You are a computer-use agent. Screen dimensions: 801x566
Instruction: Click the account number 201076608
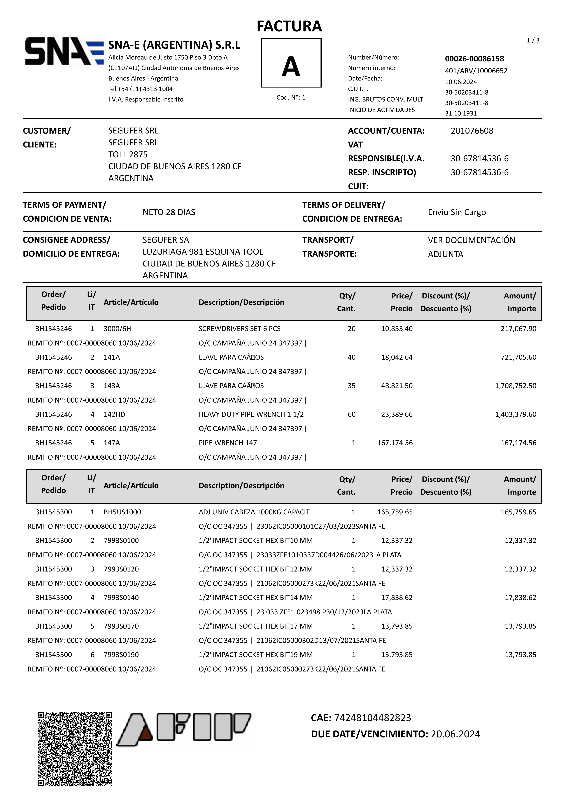coord(472,131)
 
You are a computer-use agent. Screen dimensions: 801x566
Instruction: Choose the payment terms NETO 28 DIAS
coord(169,212)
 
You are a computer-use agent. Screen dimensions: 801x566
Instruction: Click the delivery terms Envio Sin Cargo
coord(457,212)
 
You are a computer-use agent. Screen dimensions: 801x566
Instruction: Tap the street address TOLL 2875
coord(128,154)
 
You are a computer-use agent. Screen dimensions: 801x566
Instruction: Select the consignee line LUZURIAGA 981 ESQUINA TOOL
coord(203,252)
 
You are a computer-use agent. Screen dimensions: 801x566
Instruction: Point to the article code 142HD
coord(114,414)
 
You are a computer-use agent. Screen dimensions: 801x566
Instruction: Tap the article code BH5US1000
coord(122,512)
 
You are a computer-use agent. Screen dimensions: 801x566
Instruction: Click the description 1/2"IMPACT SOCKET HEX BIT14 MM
coord(255,598)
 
